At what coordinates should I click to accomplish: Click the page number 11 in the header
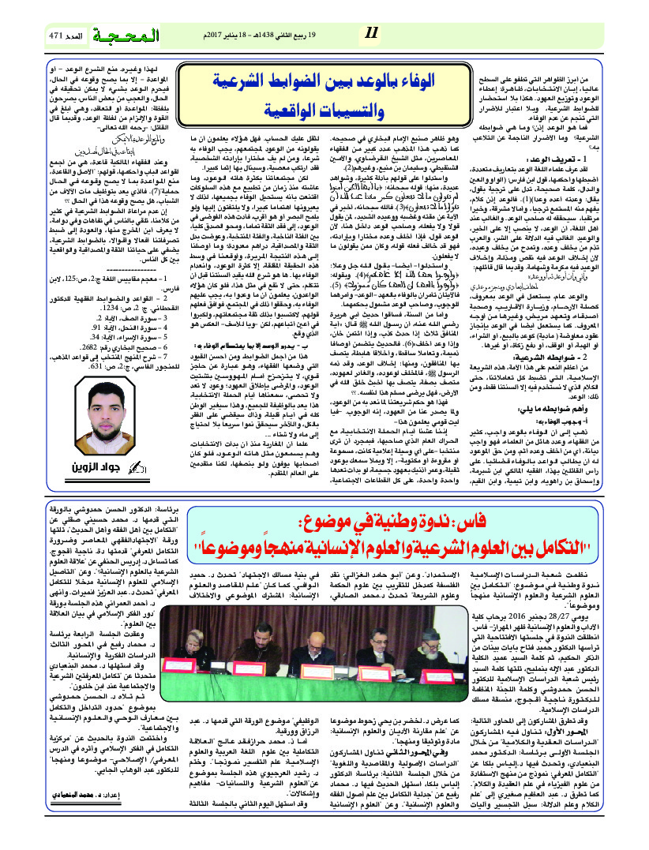pos(372,34)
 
